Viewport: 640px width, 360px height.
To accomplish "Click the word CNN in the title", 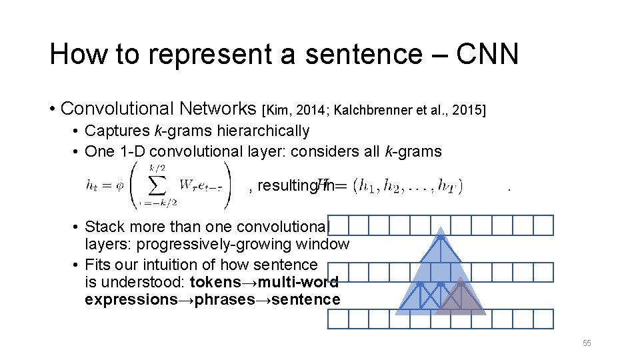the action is [487, 54].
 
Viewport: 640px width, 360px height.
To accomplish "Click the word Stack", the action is [105, 227].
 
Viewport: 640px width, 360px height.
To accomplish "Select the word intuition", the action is [176, 265].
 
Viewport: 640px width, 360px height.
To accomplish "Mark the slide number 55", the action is [587, 343].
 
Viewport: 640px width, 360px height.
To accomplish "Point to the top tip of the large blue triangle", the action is [440, 229].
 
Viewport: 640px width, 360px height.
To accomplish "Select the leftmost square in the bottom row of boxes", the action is [337, 319].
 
